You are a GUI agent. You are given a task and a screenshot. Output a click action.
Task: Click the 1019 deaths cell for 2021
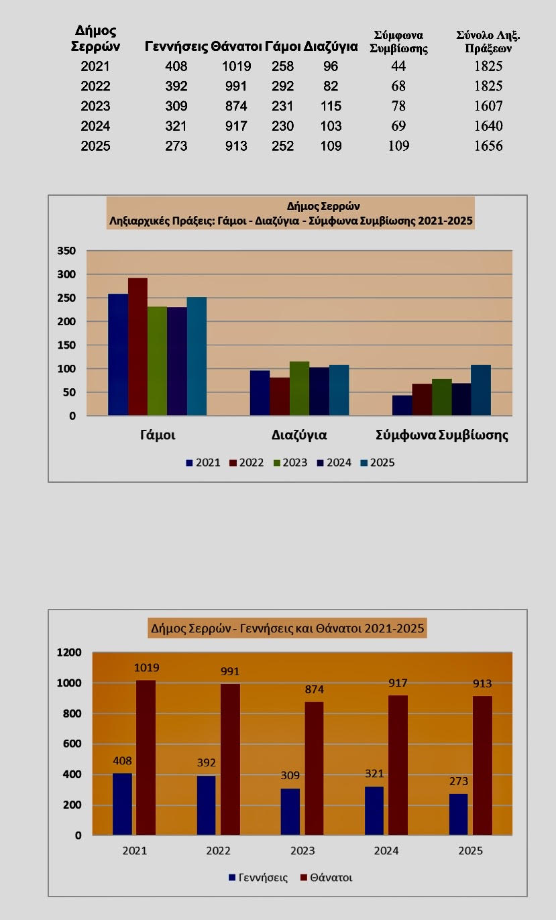[x=236, y=66]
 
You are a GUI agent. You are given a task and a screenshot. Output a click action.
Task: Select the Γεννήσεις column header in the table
[x=176, y=46]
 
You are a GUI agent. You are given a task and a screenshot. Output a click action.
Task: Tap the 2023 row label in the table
[x=95, y=106]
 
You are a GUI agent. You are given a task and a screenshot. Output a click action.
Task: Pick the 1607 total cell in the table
[x=488, y=106]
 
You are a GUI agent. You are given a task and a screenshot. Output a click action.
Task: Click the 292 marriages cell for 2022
[x=282, y=87]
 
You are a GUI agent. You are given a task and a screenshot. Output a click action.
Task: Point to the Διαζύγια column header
[x=331, y=46]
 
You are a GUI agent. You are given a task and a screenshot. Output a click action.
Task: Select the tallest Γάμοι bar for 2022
[x=137, y=347]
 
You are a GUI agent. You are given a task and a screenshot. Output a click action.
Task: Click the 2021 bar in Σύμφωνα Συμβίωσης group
[x=402, y=405]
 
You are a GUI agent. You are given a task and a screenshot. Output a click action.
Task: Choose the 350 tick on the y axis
[x=66, y=251]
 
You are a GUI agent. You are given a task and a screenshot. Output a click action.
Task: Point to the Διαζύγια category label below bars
[x=299, y=435]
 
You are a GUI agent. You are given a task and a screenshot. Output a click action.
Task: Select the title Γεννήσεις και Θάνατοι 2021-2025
[x=288, y=629]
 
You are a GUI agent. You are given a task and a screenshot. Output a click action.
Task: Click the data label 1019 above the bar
[x=146, y=668]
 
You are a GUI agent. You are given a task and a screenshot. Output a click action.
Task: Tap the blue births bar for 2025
[x=458, y=814]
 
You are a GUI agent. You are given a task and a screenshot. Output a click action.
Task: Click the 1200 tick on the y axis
[x=68, y=652]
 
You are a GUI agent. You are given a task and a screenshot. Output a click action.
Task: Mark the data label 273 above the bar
[x=458, y=782]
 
